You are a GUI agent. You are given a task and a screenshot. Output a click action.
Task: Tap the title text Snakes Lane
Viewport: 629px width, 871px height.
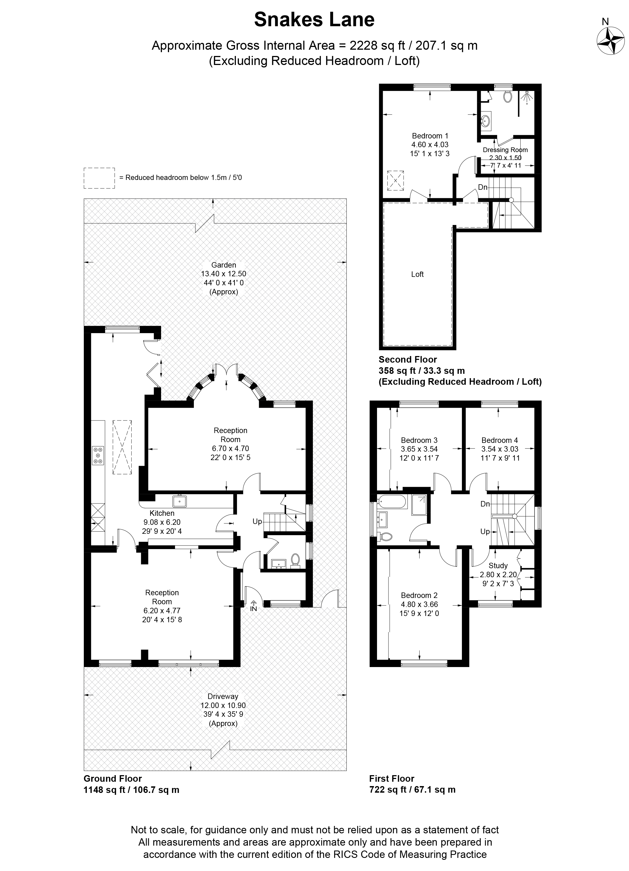(x=314, y=20)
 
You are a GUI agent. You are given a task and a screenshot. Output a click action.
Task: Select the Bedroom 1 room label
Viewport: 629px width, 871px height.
(x=430, y=136)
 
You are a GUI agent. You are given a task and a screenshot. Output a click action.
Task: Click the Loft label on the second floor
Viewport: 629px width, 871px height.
(x=417, y=274)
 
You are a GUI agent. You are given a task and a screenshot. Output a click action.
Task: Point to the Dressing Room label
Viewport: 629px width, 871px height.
(x=505, y=150)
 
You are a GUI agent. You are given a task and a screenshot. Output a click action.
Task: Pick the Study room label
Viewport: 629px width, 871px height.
(x=498, y=566)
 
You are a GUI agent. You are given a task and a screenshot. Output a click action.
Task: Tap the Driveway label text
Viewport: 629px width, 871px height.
(x=223, y=696)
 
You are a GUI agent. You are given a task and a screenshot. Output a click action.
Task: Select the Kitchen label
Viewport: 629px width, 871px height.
(x=162, y=513)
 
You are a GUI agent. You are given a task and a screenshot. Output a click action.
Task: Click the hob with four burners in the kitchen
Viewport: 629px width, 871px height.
(x=98, y=455)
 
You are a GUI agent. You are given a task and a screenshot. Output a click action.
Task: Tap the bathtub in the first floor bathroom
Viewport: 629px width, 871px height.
(x=392, y=502)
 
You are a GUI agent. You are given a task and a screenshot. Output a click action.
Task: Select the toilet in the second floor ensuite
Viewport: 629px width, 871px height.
(x=508, y=96)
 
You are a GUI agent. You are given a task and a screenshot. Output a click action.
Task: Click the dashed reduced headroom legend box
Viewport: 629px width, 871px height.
(x=99, y=178)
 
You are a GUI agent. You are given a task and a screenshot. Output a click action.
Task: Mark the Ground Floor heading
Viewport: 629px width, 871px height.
(x=113, y=778)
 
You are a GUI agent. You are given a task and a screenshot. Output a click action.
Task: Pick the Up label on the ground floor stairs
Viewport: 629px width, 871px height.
(x=257, y=522)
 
